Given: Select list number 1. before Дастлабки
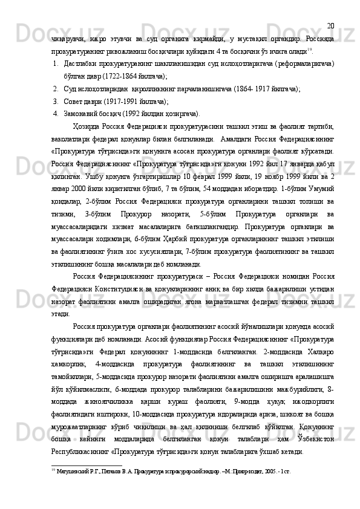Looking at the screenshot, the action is point(54,62).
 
